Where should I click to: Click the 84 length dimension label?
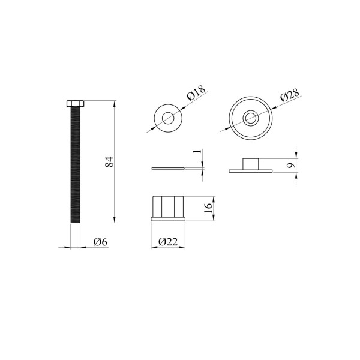click(x=110, y=161)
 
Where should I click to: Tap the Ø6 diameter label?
click(x=100, y=242)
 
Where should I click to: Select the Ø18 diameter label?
click(x=196, y=93)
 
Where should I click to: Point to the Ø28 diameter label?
click(x=290, y=95)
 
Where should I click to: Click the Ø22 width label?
click(x=168, y=242)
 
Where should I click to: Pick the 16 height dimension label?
click(x=208, y=208)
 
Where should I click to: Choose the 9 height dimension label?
click(x=290, y=165)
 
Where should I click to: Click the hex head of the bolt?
click(x=76, y=104)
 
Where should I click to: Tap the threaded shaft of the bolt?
click(x=76, y=165)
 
